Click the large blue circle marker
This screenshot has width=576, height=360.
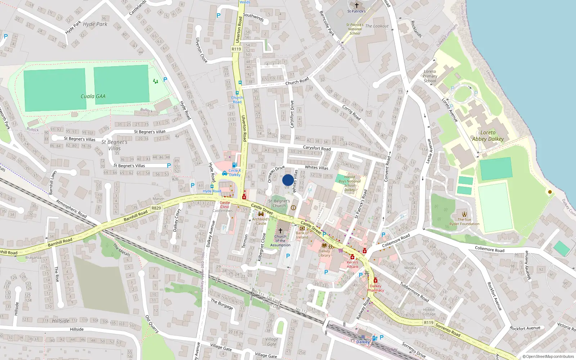click(x=288, y=180)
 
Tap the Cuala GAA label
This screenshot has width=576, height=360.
click(x=93, y=96)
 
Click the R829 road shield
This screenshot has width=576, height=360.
click(x=156, y=208)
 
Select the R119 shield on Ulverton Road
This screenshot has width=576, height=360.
click(x=236, y=49)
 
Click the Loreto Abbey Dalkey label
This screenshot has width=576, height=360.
click(x=488, y=136)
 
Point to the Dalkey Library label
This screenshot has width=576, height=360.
click(x=324, y=253)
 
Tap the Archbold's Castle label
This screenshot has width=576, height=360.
click(x=261, y=221)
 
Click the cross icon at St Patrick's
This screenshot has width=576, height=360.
click(x=356, y=5)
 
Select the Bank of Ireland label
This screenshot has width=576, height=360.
click(x=302, y=235)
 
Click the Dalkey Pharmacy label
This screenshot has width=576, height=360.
click(x=375, y=288)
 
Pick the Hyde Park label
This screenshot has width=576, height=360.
click(x=95, y=24)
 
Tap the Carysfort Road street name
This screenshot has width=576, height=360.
click(x=316, y=148)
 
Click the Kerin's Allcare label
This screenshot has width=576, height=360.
click(x=352, y=264)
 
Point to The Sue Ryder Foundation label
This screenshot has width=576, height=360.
click(x=464, y=222)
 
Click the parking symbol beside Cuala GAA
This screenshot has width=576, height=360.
click(x=165, y=80)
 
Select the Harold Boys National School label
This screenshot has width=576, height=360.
click(x=350, y=183)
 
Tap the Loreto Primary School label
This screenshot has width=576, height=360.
click(x=430, y=76)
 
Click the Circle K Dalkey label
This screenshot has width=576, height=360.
click(x=234, y=173)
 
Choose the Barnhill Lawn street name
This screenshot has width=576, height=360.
click(x=53, y=183)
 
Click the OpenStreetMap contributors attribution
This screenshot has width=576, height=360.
click(x=548, y=356)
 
